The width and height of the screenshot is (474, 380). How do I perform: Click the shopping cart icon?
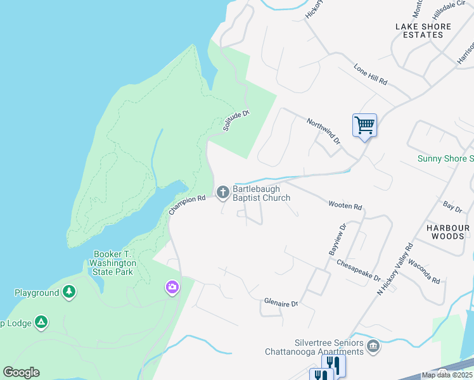[364, 125]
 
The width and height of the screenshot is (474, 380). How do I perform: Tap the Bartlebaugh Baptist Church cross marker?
[222, 191]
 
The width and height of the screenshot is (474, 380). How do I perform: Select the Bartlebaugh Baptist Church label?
[261, 193]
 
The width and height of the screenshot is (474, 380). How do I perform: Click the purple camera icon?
[172, 288]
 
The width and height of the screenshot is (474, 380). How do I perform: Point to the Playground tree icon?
[69, 293]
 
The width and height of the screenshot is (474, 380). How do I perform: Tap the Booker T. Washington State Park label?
[112, 262]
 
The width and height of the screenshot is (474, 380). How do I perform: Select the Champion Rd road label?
[188, 205]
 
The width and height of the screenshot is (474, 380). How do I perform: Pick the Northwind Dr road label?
[324, 131]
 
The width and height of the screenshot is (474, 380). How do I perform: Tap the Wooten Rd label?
[345, 206]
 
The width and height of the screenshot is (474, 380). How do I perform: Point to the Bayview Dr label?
[336, 239]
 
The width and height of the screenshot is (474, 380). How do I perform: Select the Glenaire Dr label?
[281, 304]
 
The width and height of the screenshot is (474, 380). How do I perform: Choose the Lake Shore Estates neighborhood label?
[423, 30]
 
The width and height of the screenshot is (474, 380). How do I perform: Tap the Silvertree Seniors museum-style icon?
[373, 346]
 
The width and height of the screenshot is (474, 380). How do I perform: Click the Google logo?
[21, 372]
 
